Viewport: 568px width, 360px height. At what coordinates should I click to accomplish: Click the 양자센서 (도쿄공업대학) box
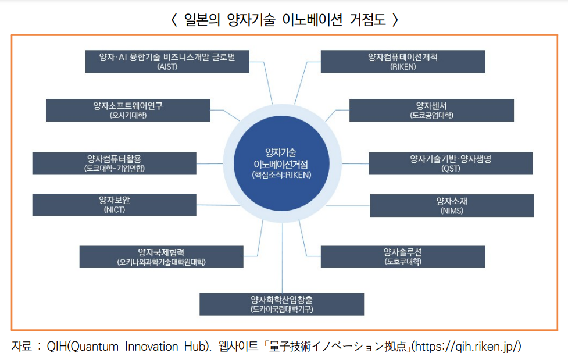click(x=431, y=110)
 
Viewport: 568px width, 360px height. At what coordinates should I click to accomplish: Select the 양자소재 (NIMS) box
click(x=452, y=205)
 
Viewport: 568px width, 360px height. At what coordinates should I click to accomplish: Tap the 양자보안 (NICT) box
click(x=114, y=205)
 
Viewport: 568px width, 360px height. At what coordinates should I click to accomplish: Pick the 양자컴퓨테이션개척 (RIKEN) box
click(x=403, y=62)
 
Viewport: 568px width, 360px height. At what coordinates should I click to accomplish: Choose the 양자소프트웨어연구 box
click(x=128, y=110)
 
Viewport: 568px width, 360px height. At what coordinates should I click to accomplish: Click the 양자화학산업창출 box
click(x=281, y=304)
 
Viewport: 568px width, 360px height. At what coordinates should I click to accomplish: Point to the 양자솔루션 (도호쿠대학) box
click(x=403, y=256)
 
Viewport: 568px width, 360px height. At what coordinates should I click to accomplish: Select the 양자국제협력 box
click(x=161, y=256)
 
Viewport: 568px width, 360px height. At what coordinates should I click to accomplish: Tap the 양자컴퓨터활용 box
click(x=114, y=163)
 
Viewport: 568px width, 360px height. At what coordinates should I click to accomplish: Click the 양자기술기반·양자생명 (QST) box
click(x=451, y=163)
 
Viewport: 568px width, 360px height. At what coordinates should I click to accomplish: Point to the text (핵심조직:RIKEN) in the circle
click(x=282, y=174)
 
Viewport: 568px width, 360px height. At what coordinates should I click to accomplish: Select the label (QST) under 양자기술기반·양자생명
click(x=451, y=169)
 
